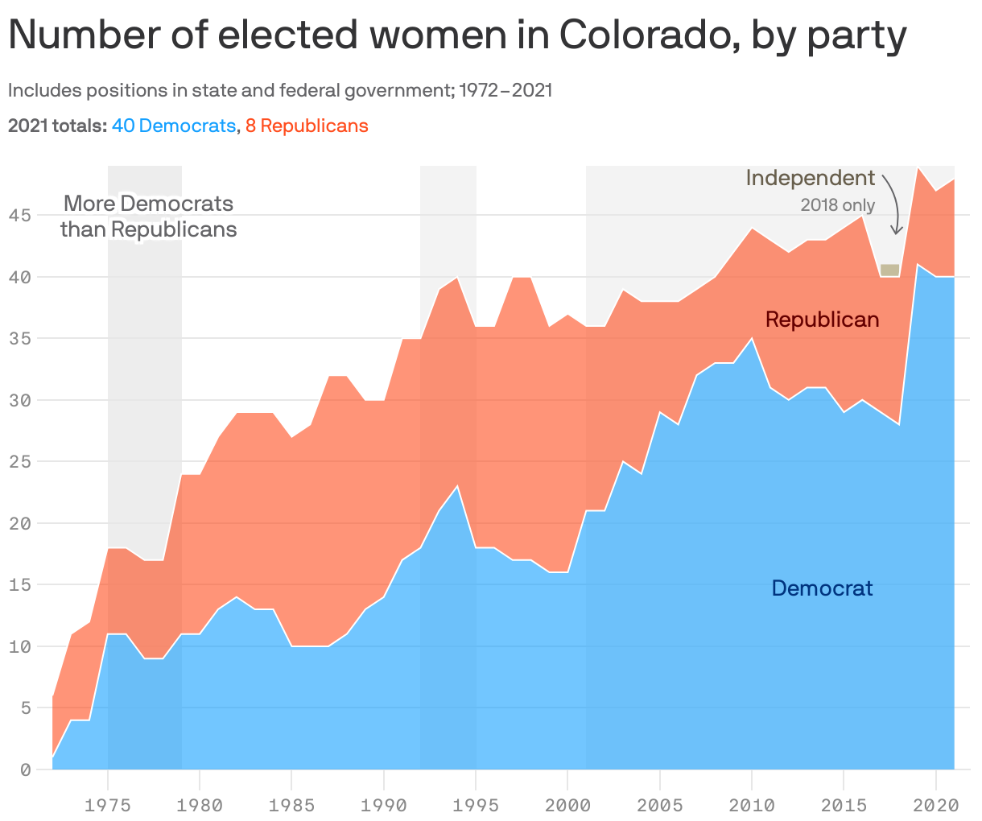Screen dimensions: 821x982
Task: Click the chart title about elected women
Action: pyautogui.click(x=457, y=35)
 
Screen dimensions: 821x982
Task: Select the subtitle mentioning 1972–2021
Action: pyautogui.click(x=280, y=90)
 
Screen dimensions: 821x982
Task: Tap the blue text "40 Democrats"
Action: pyautogui.click(x=174, y=126)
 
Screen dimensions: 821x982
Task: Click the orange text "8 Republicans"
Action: pyautogui.click(x=307, y=126)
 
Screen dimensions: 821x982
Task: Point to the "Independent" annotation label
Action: pyautogui.click(x=810, y=178)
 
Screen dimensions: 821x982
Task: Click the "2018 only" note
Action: pyautogui.click(x=837, y=205)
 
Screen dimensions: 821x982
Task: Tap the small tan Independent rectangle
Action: pyautogui.click(x=889, y=270)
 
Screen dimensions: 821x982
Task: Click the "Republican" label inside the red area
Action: pyautogui.click(x=822, y=320)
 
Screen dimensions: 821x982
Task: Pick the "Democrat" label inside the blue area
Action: pyautogui.click(x=822, y=588)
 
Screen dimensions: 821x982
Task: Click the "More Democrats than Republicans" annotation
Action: pyautogui.click(x=149, y=217)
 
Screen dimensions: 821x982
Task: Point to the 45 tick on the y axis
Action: pyautogui.click(x=20, y=216)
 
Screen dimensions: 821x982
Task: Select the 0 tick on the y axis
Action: pyautogui.click(x=25, y=770)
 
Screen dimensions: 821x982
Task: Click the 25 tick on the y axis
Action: pyautogui.click(x=20, y=462)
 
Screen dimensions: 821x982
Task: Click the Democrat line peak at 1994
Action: pyautogui.click(x=457, y=486)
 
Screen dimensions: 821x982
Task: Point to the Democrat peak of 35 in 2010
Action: pyautogui.click(x=752, y=339)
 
